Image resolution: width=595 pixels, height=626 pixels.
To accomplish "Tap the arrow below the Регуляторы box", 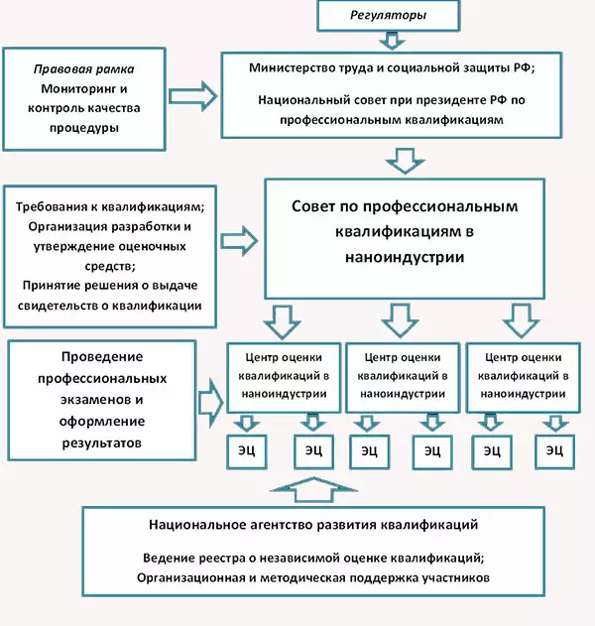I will coord(391,41).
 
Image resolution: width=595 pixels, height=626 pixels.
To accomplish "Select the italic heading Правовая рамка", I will coord(83,70).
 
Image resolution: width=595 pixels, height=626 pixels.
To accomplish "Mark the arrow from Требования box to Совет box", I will coord(238,241).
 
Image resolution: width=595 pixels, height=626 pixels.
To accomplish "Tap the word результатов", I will coord(88,442).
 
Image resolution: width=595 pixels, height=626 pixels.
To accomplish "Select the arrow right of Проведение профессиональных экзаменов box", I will coord(209,400).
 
